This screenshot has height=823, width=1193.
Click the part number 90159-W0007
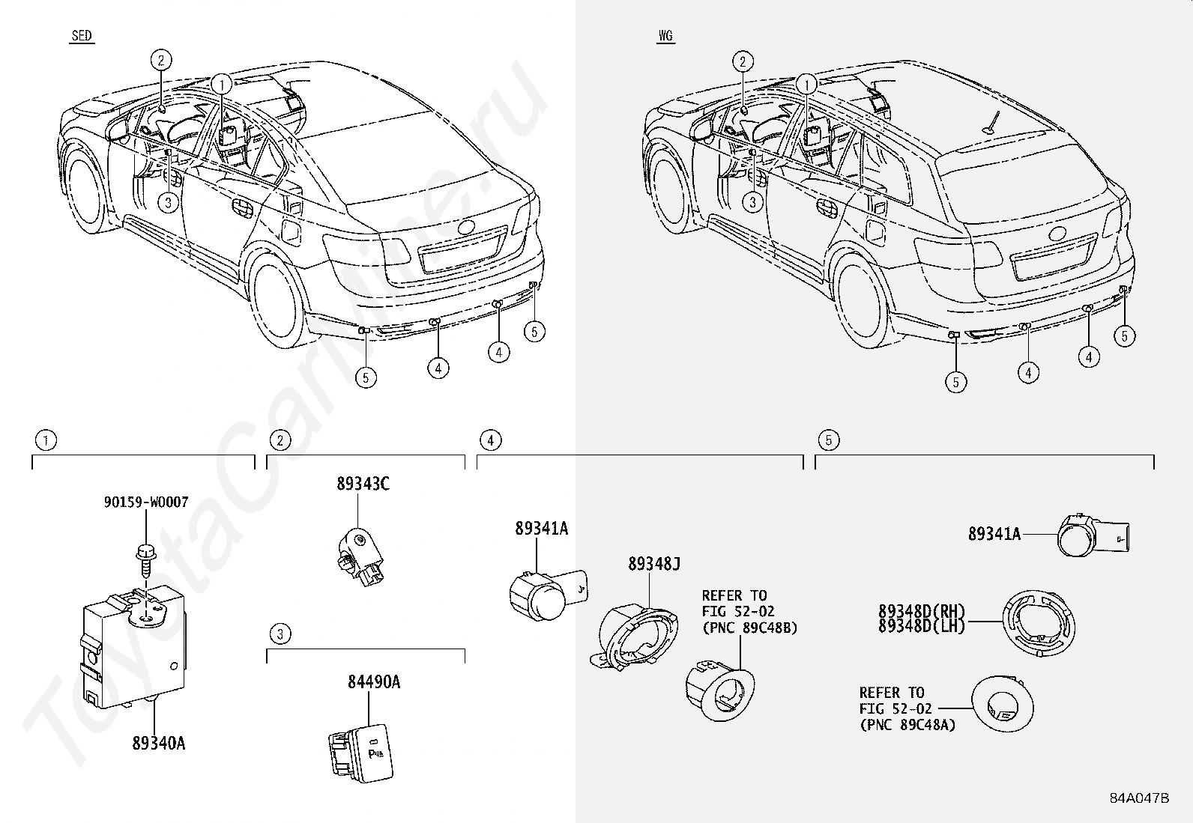pyautogui.click(x=146, y=502)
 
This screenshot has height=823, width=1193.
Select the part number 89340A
pyautogui.click(x=159, y=743)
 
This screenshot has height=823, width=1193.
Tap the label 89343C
pyautogui.click(x=363, y=483)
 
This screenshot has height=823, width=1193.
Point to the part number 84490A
pyautogui.click(x=374, y=682)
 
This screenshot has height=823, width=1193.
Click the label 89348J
pyautogui.click(x=654, y=564)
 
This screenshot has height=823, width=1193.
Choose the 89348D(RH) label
pyautogui.click(x=922, y=610)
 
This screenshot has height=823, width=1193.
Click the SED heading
pyautogui.click(x=82, y=36)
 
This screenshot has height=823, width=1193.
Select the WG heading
pyautogui.click(x=665, y=36)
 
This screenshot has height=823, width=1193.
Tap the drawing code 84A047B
pyautogui.click(x=1139, y=798)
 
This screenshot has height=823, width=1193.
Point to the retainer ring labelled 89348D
pyautogui.click(x=1039, y=624)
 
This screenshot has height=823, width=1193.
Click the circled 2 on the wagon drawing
pyautogui.click(x=743, y=61)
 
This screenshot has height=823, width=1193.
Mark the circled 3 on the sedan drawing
pyautogui.click(x=169, y=202)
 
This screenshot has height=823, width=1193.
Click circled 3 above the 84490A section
pyautogui.click(x=280, y=634)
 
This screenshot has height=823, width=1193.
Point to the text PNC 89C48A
pyautogui.click(x=907, y=725)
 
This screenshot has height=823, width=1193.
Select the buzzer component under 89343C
pyautogui.click(x=360, y=556)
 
